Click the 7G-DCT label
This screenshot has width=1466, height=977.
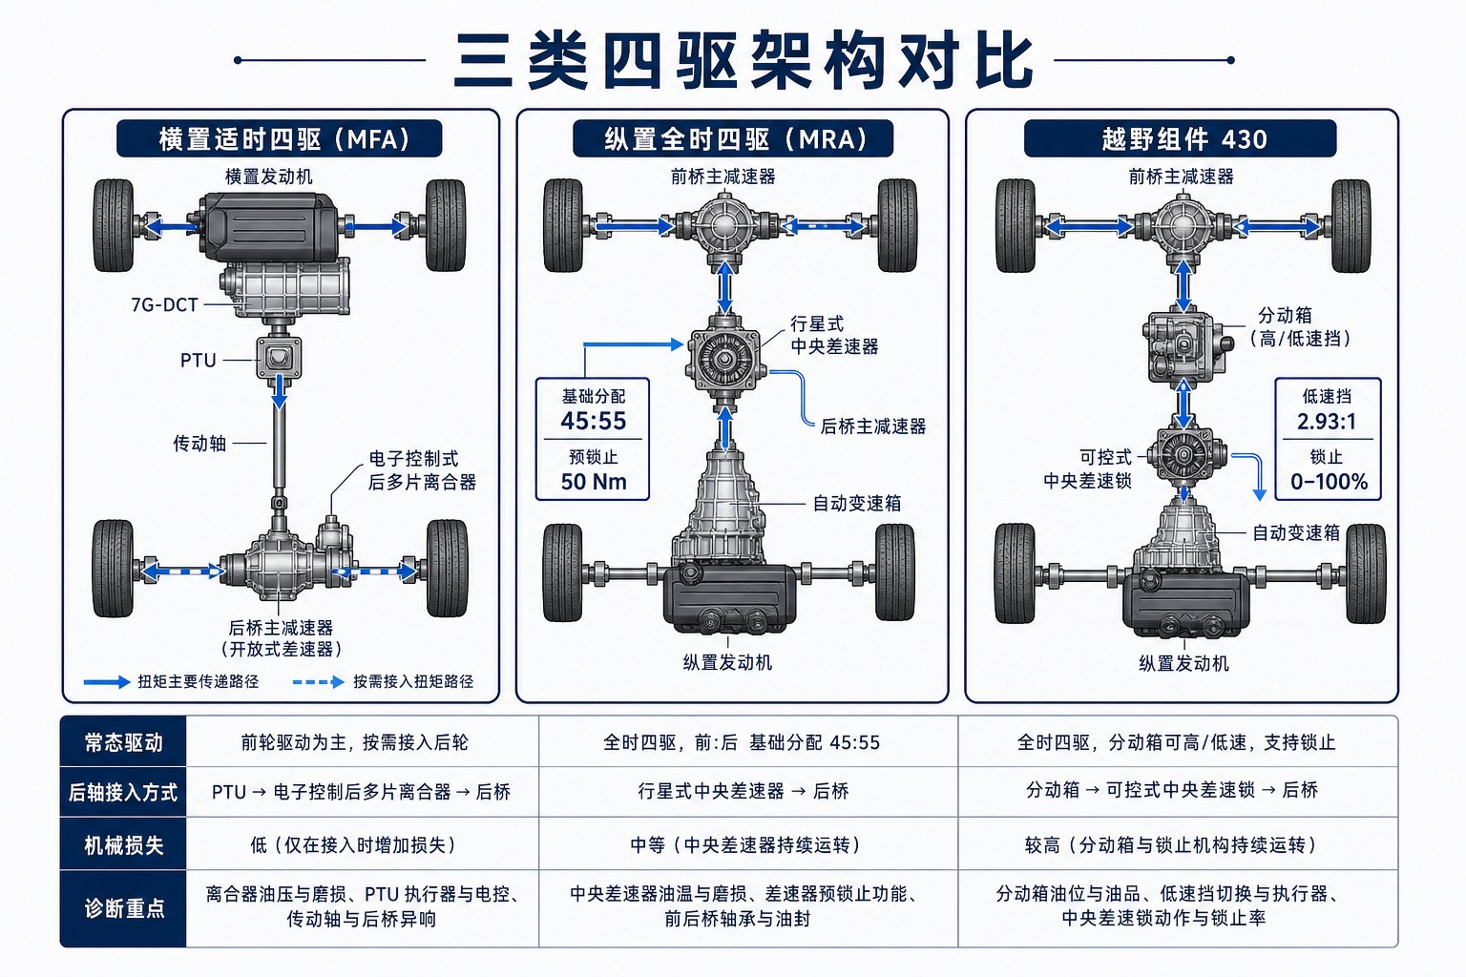pos(164,305)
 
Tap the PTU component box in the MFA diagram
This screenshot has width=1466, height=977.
pos(279,357)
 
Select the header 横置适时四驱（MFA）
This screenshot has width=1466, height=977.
pos(280,138)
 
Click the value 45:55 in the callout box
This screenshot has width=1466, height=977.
pos(593,420)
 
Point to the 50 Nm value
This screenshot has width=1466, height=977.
pos(594,482)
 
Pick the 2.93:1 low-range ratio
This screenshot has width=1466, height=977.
pos(1327,421)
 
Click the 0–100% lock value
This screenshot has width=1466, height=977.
pos(1329,482)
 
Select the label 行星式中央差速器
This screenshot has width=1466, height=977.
pos(834,335)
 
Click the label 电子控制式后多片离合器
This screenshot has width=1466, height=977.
pos(422,470)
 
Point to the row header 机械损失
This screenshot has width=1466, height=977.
pos(123,844)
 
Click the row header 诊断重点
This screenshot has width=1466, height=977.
pos(124,908)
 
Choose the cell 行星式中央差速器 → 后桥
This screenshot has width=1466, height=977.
pos(743,791)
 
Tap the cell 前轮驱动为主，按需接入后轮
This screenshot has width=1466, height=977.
pos(354,742)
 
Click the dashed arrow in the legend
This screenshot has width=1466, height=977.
pos(318,682)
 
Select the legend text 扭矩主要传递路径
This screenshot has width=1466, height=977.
pos(198,682)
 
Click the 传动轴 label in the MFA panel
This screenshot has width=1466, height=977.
pos(199,443)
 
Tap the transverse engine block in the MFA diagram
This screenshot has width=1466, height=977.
pos(268,226)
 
